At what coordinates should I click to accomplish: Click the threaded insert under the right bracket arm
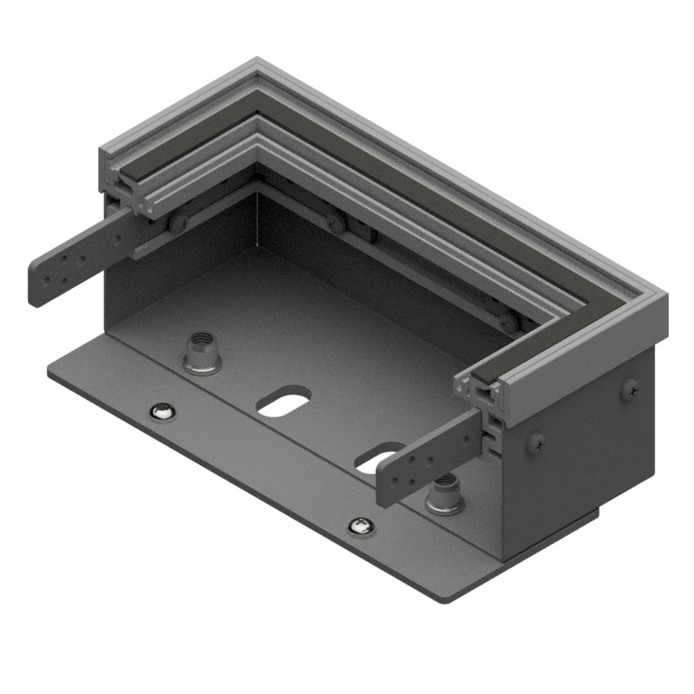[444, 495]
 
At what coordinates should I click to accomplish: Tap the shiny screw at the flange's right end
[361, 525]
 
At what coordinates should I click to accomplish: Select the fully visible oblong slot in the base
[284, 402]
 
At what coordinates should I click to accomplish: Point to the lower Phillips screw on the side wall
[536, 442]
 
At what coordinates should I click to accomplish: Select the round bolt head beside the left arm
[178, 224]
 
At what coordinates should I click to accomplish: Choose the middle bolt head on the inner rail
[336, 224]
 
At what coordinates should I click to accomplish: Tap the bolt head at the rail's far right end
[510, 321]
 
